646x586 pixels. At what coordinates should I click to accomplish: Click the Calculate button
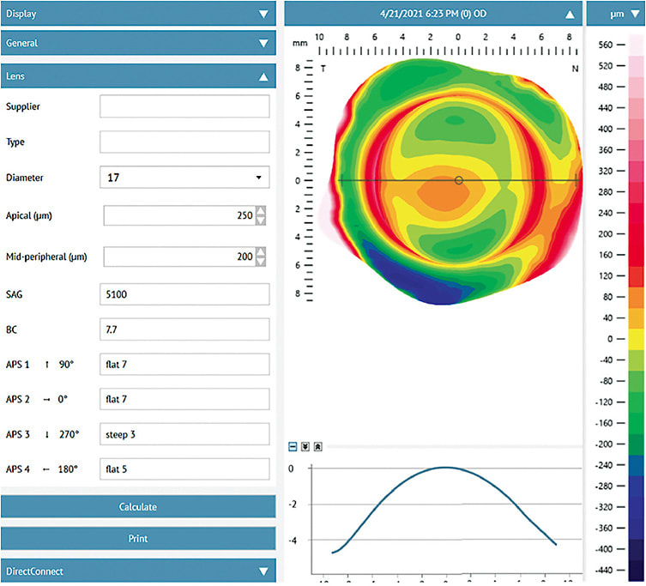pyautogui.click(x=138, y=507)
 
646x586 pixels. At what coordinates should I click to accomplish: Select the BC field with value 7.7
pyautogui.click(x=184, y=329)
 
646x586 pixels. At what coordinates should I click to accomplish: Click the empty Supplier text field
pyautogui.click(x=184, y=106)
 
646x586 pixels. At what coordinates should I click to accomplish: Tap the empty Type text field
pyautogui.click(x=184, y=142)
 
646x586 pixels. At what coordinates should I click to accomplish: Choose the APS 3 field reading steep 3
pyautogui.click(x=184, y=434)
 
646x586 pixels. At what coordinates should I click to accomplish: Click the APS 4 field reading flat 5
pyautogui.click(x=184, y=469)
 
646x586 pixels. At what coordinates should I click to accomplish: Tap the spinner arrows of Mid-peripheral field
pyautogui.click(x=261, y=257)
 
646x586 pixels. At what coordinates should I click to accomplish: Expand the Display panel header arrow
pyautogui.click(x=263, y=14)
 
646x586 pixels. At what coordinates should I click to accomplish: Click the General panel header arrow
pyautogui.click(x=263, y=42)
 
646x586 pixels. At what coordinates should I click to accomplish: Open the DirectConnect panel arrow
pyautogui.click(x=263, y=571)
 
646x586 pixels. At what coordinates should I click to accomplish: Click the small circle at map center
pyautogui.click(x=459, y=180)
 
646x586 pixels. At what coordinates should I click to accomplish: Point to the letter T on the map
pyautogui.click(x=323, y=68)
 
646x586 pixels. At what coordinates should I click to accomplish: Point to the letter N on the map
pyautogui.click(x=576, y=68)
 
